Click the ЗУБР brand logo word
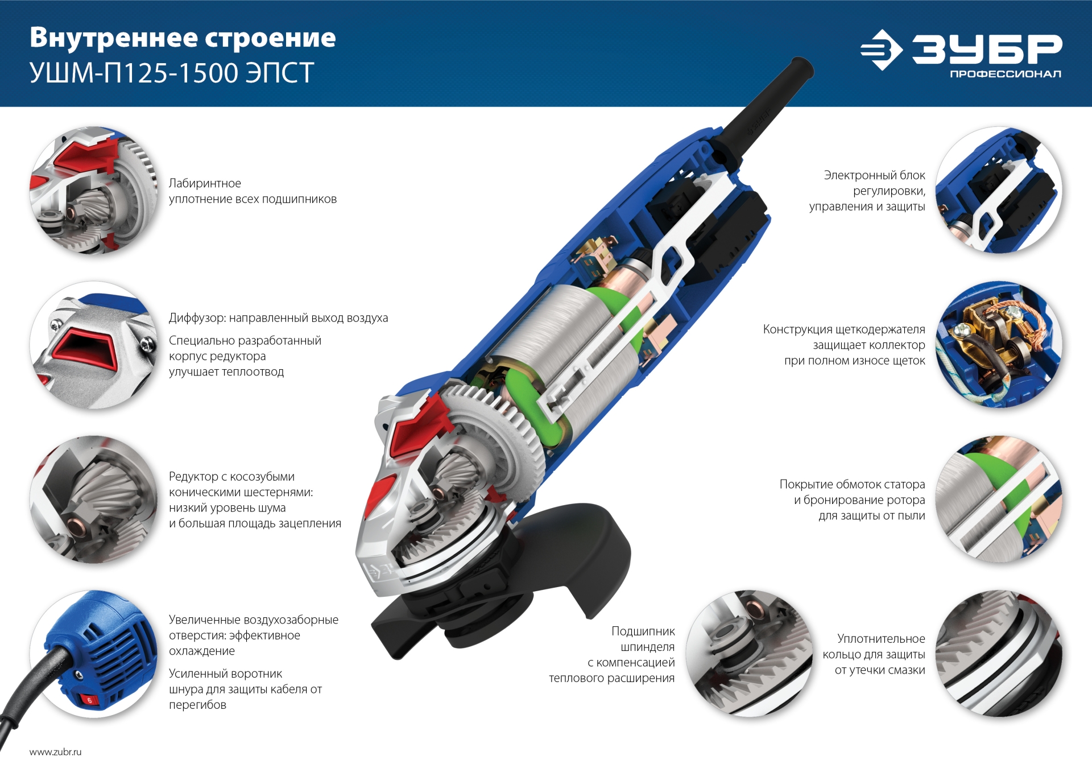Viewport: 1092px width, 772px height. click(x=987, y=49)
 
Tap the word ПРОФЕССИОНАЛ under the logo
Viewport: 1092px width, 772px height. click(x=1005, y=74)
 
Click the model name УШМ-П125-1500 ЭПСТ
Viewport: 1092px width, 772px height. click(x=171, y=73)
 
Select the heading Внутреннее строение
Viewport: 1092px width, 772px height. click(x=183, y=38)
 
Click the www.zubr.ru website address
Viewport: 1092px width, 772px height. click(x=55, y=752)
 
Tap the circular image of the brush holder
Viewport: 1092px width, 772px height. click(x=998, y=344)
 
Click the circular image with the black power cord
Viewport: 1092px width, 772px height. click(x=94, y=654)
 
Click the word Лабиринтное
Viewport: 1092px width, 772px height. click(x=205, y=184)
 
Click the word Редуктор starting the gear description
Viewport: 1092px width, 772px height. click(x=193, y=477)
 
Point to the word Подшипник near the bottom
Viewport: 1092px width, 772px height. click(x=643, y=631)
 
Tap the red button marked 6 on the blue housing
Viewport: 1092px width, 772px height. click(x=89, y=700)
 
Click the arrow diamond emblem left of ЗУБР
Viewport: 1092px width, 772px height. click(x=882, y=50)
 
